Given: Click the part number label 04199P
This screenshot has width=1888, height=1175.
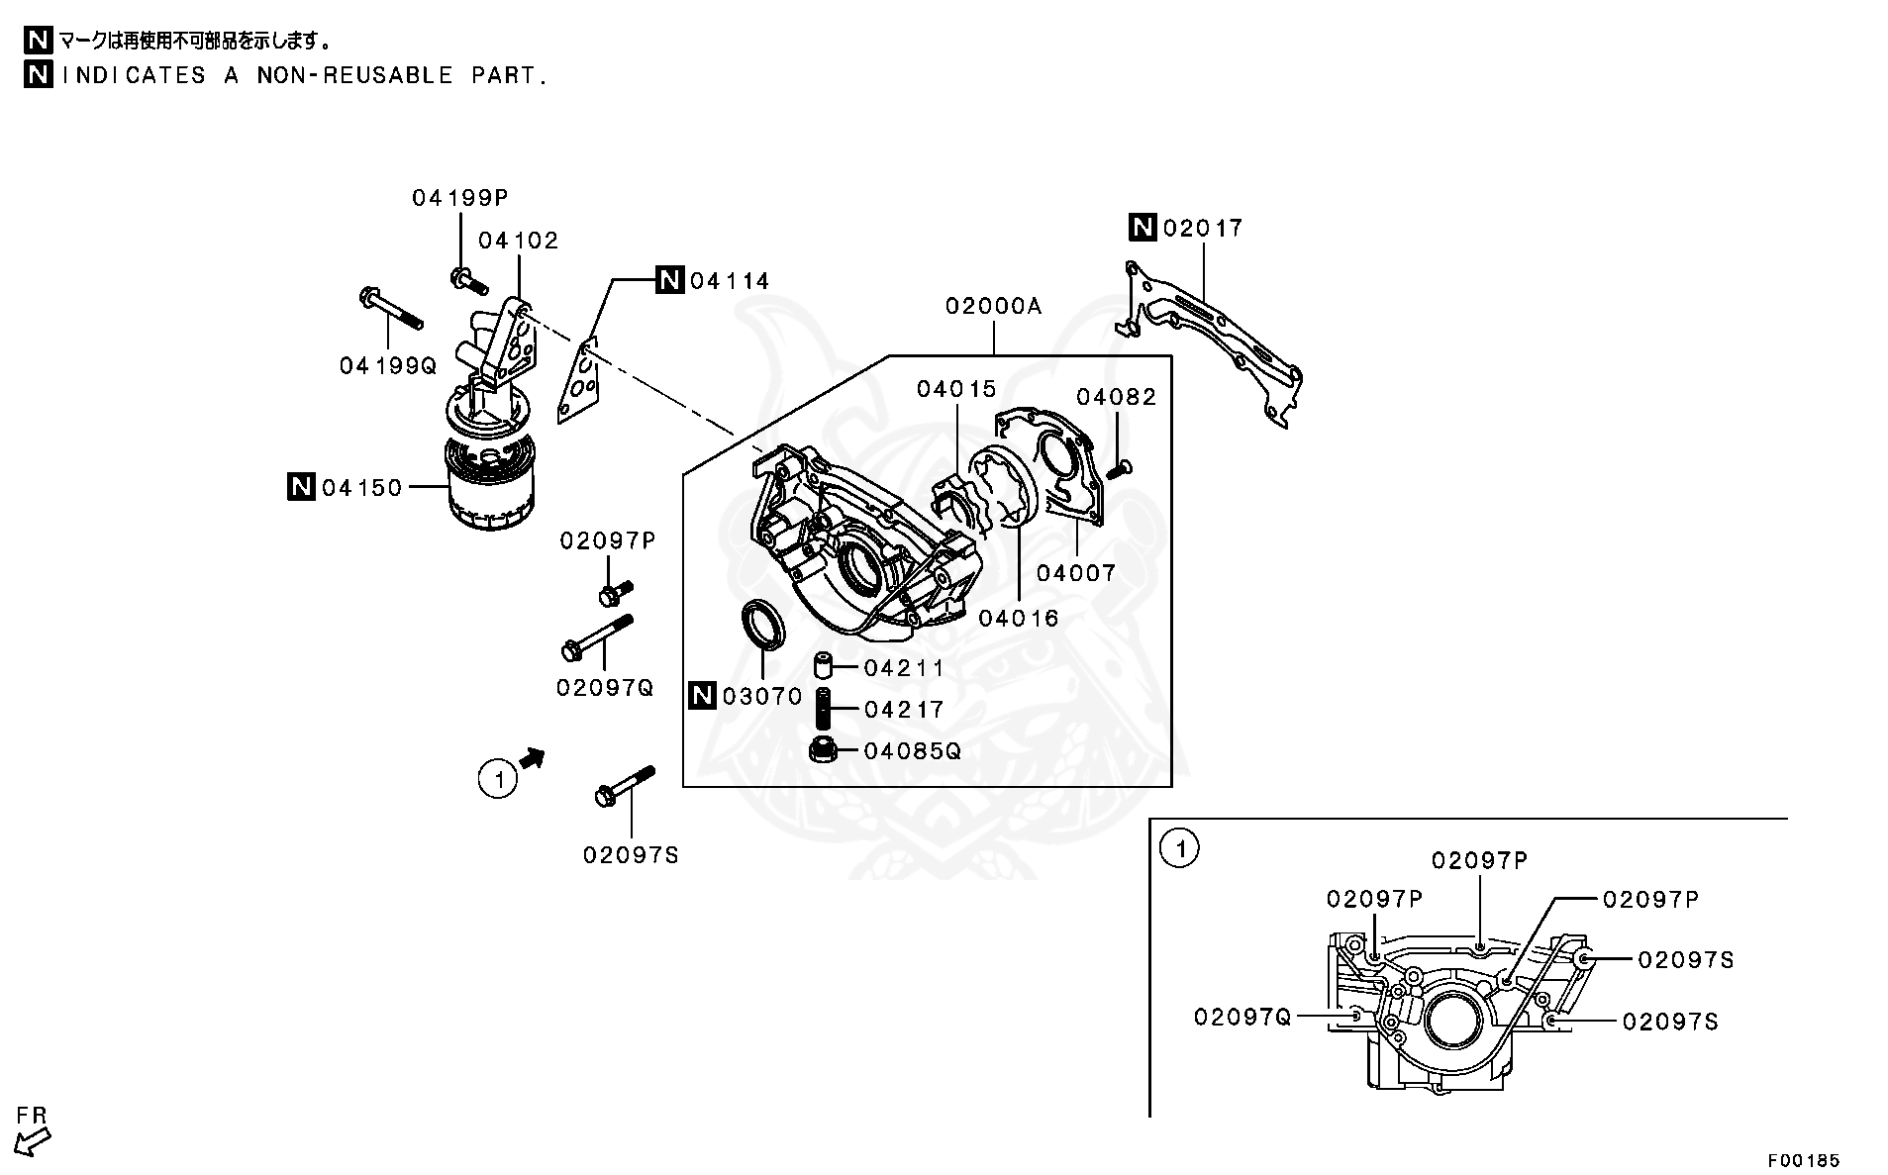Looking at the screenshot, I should point(459,198).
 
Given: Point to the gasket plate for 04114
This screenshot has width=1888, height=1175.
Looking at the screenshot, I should point(581,384).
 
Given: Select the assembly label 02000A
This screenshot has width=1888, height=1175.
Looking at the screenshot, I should point(993,306).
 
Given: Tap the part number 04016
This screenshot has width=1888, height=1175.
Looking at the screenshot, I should point(1018,619).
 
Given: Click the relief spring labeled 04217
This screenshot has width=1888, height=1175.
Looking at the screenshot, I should point(822,709).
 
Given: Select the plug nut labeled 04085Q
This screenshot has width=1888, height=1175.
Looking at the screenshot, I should point(824,750).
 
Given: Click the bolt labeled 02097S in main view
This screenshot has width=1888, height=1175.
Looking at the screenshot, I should point(624,785).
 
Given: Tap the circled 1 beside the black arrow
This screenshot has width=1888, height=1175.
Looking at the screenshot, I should point(498,779).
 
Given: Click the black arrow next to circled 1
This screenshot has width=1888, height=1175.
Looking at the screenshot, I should point(533,758).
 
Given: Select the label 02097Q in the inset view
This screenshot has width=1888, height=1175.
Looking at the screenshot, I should point(1242,1017).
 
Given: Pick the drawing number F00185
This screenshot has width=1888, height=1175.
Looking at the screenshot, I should point(1804,1159).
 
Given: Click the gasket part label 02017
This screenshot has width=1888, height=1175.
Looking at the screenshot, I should point(1202,228).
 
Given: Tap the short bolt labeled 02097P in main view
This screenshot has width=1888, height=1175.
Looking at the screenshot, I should point(614,593).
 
